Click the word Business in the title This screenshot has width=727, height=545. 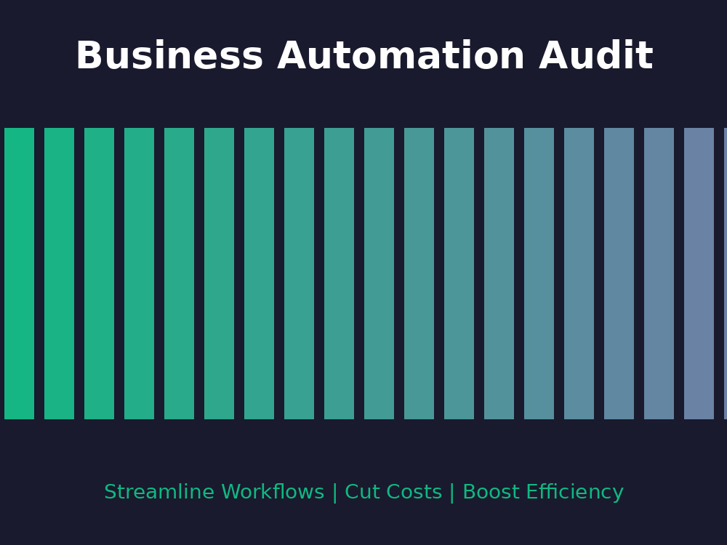coord(169,56)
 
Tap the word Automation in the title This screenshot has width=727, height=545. coord(401,56)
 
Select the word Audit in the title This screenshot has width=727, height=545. coord(596,55)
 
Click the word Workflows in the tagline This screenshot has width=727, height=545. coord(273,492)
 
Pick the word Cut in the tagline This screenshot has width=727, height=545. coord(363,492)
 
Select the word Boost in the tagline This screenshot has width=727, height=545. coord(489,492)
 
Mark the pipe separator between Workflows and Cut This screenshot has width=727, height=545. coord(334,493)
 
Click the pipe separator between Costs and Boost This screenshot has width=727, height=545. coord(452,493)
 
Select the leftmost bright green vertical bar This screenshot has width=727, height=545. coord(19,273)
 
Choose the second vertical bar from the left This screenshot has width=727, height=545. coord(59,273)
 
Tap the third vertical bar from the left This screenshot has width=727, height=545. coord(99,273)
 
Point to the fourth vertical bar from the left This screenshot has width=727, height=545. coord(139,273)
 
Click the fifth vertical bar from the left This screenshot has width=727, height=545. coord(179,273)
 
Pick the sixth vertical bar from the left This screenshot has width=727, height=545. coord(219,273)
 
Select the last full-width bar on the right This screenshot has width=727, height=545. coord(699,273)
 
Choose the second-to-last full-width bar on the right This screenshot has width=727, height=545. coord(659,273)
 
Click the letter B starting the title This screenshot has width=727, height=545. coord(87,56)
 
